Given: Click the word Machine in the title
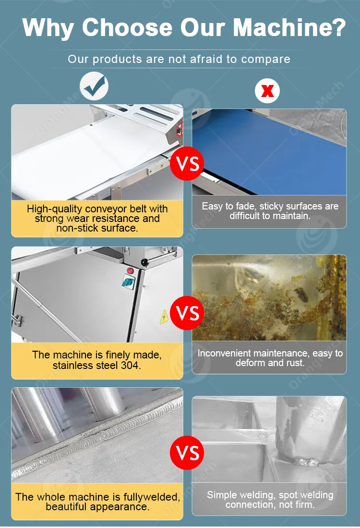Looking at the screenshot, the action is click(290, 27).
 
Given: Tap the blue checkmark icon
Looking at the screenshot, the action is click(94, 86).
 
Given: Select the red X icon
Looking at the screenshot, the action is click(267, 91).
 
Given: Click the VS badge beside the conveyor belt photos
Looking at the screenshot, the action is click(187, 163).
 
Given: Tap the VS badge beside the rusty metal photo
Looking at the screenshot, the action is click(187, 313).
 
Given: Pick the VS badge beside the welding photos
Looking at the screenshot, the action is click(187, 453).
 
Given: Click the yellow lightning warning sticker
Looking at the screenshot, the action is click(164, 317).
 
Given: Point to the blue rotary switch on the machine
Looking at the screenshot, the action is click(128, 282).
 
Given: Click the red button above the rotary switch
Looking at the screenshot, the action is click(130, 270).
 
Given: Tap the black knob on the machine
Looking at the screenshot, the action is click(144, 262).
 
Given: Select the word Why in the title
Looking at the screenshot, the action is click(48, 28).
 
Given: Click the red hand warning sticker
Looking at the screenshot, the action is click(180, 129).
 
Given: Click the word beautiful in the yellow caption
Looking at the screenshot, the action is click(64, 507).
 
